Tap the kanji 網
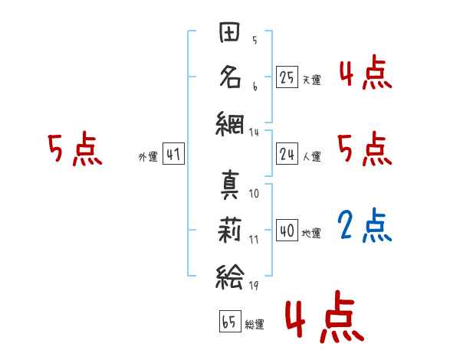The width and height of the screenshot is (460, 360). [231, 121]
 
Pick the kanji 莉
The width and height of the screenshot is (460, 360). [231, 229]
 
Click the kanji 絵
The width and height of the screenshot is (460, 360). [231, 273]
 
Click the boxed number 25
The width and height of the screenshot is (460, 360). [287, 77]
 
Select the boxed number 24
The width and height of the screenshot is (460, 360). [287, 154]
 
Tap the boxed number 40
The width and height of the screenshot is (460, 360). [287, 230]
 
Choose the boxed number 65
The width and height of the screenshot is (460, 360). [229, 322]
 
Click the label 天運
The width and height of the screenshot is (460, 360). [311, 80]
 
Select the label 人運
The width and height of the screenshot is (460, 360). [311, 157]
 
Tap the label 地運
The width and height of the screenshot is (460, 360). [311, 233]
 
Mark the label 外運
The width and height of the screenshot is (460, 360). [148, 157]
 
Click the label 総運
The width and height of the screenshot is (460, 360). [255, 325]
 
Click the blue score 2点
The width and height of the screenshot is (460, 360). [365, 225]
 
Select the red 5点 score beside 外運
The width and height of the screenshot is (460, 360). [74, 149]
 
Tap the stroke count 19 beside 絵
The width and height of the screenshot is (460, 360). [254, 285]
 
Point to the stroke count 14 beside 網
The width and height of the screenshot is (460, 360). [254, 132]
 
